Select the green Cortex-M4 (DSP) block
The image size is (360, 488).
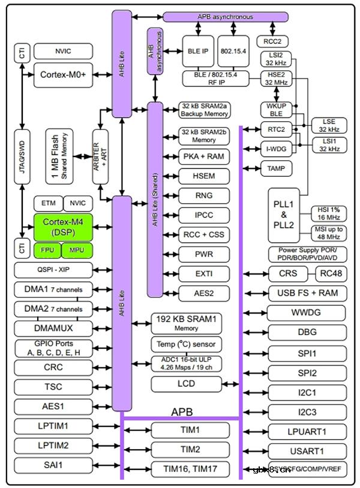62,227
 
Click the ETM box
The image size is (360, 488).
48,204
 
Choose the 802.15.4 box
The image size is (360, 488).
232,50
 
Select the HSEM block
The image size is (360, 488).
204,176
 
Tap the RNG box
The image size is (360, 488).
204,195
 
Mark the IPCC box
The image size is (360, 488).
204,215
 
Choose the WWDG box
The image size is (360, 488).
307,313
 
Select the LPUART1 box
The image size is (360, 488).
307,431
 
